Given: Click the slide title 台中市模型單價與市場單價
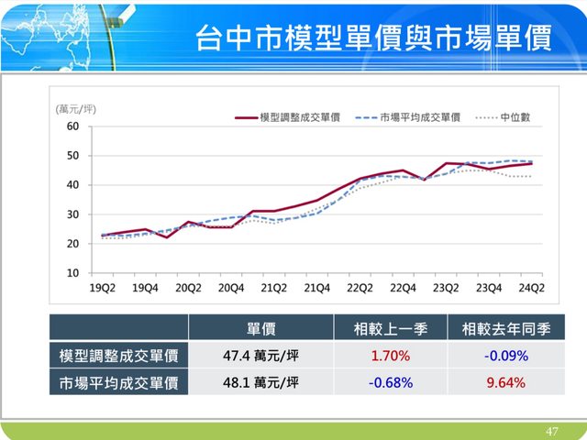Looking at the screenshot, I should pos(372,39).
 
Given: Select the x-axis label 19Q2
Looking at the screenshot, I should pos(102,288).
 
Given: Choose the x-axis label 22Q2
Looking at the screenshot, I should pos(360,288).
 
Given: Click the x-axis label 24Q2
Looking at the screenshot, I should pos(531,288).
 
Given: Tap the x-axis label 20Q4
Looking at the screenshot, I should pos(230,288).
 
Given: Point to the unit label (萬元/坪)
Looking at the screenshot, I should pos(76,109).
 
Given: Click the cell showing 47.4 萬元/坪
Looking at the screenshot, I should pos(261,356).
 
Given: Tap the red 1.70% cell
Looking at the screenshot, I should pos(389,356).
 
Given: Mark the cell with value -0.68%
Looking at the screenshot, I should pos(389,382).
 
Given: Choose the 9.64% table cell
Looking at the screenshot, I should pos(506,382).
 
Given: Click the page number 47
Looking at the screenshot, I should pos(551,431).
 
